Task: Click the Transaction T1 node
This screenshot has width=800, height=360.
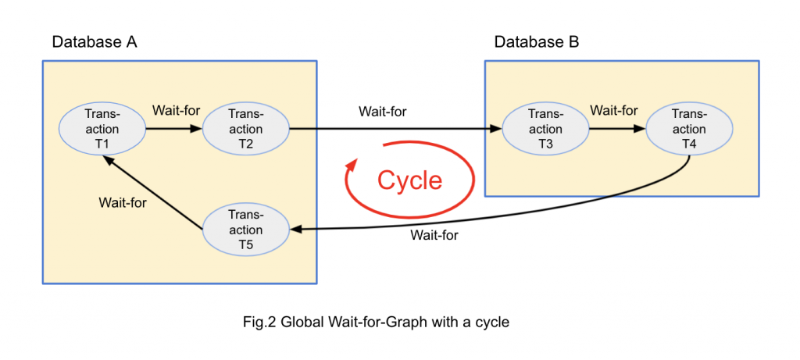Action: pyautogui.click(x=102, y=129)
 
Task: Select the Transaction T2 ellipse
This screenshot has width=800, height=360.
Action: pyautogui.click(x=245, y=129)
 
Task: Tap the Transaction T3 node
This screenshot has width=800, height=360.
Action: pyautogui.click(x=545, y=129)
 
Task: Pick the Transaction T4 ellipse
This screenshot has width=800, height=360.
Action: pyautogui.click(x=688, y=129)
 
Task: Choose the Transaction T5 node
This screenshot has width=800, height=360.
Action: pyautogui.click(x=245, y=230)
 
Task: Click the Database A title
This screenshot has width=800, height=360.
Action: pyautogui.click(x=95, y=41)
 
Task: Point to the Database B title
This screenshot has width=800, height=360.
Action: pyautogui.click(x=537, y=41)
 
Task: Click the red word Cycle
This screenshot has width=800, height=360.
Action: pyautogui.click(x=409, y=180)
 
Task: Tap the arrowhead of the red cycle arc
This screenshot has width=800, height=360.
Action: pyautogui.click(x=353, y=166)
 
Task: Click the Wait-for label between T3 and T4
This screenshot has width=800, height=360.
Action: pyautogui.click(x=613, y=110)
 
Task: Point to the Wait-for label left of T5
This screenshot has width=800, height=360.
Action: pyautogui.click(x=123, y=202)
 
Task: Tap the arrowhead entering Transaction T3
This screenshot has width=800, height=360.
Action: pyautogui.click(x=497, y=129)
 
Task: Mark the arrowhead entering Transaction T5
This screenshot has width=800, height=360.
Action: pyautogui.click(x=295, y=229)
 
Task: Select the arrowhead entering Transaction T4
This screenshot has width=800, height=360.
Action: pyautogui.click(x=641, y=129)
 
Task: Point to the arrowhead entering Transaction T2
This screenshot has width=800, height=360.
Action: pyautogui.click(x=197, y=129)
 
